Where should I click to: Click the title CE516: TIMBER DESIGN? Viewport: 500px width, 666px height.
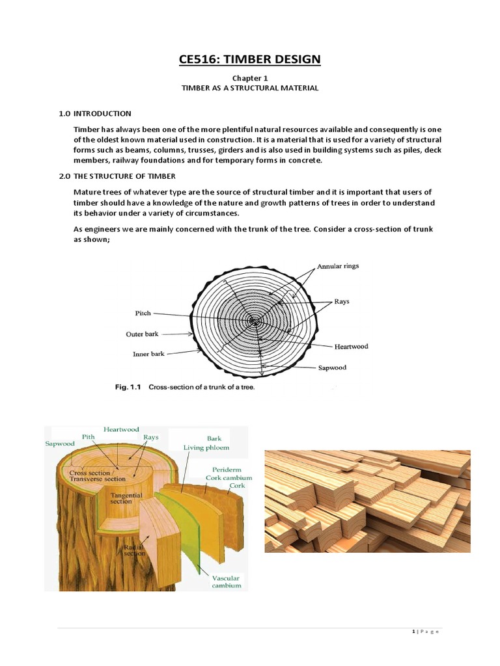click(x=250, y=60)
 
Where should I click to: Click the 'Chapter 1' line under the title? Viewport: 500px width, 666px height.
click(x=250, y=77)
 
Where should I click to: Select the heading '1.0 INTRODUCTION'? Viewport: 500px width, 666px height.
click(x=95, y=113)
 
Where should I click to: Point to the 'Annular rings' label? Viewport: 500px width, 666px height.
click(x=338, y=266)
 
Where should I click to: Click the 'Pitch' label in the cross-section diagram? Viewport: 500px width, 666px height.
click(x=143, y=313)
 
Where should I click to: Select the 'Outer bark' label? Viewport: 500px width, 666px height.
click(x=142, y=334)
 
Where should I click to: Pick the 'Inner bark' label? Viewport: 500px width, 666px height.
click(x=148, y=354)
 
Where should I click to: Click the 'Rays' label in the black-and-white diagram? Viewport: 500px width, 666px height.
click(x=342, y=302)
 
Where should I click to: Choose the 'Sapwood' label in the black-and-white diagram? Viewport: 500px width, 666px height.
click(x=332, y=367)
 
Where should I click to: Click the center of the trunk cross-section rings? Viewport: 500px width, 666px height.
click(x=254, y=321)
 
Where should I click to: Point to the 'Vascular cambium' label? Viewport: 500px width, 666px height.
click(x=226, y=581)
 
